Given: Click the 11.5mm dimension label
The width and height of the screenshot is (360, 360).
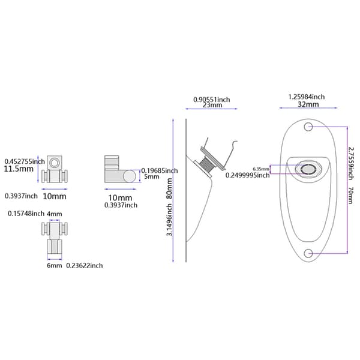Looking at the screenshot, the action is coord(19,169).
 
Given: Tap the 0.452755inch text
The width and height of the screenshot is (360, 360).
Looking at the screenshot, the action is coord(25,161).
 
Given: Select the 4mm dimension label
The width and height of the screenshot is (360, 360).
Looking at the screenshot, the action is coord(55,214).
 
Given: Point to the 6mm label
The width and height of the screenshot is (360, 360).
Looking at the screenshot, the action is coord(55,266).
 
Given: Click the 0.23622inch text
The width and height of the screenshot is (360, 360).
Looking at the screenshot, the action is coord(85,266).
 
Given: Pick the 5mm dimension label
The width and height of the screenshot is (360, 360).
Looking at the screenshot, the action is coord(152,176).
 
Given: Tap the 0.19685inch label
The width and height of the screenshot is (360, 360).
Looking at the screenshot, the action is coord(160,170).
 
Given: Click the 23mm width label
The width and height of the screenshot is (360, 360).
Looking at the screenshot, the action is coord(212,105).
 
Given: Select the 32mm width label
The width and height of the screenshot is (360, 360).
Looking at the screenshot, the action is coord(308,104).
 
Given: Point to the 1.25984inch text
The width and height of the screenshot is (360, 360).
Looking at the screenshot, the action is coord(307,97).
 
